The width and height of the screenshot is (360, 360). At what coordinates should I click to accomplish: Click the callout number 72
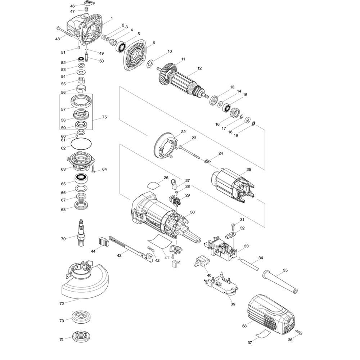click(62, 304)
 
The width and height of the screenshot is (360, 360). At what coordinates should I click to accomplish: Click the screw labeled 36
click(298, 332)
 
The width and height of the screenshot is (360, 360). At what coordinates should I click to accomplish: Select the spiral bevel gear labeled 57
click(81, 102)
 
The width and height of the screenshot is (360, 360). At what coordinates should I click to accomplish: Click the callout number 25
click(249, 170)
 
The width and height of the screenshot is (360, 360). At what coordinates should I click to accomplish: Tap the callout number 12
click(199, 68)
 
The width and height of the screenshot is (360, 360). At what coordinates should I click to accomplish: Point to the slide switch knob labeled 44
click(103, 242)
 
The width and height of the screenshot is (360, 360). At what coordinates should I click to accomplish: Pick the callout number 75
click(104, 117)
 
